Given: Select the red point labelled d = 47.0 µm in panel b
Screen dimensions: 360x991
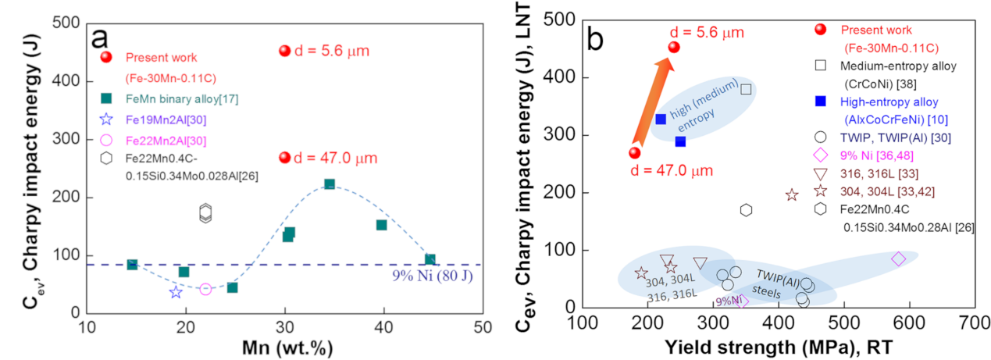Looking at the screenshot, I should (x=635, y=153).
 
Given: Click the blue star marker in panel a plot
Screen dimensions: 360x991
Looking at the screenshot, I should (x=176, y=292).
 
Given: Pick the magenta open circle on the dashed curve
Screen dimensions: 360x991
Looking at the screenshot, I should (x=205, y=289).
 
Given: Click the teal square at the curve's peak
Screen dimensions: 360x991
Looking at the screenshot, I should (x=330, y=184).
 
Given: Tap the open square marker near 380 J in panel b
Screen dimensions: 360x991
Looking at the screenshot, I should (x=746, y=89).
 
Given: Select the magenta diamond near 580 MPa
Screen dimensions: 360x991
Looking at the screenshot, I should (x=898, y=258).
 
